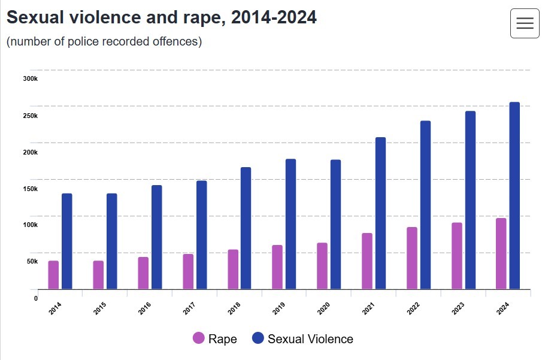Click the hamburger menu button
pos(525,23)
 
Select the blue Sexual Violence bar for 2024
pos(514,195)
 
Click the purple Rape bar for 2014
pos(53,275)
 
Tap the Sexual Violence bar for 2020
pos(335,224)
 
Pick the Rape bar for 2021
pos(367,261)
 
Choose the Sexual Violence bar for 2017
pos(201,235)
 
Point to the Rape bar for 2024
pos(501,253)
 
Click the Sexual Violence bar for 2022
pos(425,205)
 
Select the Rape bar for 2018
pos(233,269)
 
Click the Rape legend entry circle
pos(198,338)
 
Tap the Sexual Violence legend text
pos(310,339)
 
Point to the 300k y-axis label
pos(30,78)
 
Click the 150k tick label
pos(30,189)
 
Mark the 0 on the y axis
pos(35,298)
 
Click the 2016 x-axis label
pos(144,308)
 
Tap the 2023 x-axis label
pos(458,308)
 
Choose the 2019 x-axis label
pos(278,308)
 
